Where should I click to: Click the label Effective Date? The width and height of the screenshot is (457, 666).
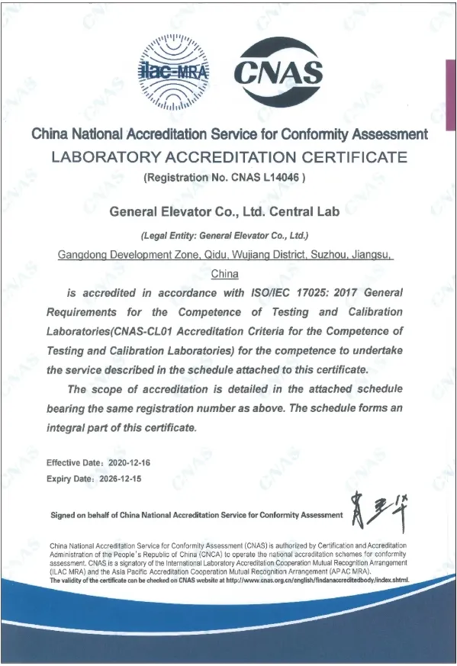(x=72, y=463)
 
